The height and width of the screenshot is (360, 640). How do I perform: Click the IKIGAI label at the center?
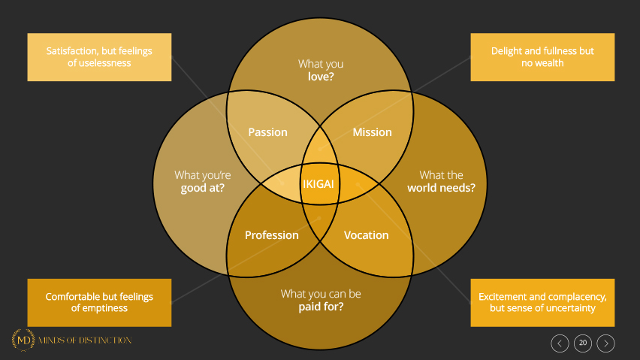pyautogui.click(x=320, y=183)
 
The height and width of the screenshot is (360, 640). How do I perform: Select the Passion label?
pyautogui.click(x=268, y=132)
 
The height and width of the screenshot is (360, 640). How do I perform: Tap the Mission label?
pyautogui.click(x=372, y=132)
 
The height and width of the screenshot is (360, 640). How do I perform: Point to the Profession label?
pyautogui.click(x=272, y=235)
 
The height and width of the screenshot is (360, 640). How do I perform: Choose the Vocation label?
pyautogui.click(x=366, y=235)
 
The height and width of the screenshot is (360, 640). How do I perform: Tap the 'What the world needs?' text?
pyautogui.click(x=442, y=181)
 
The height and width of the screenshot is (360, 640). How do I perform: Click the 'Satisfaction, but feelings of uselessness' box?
pyautogui.click(x=99, y=57)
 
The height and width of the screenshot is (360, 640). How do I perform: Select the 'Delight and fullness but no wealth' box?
pyautogui.click(x=542, y=57)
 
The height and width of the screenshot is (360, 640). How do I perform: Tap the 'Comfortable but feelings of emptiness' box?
pyautogui.click(x=99, y=302)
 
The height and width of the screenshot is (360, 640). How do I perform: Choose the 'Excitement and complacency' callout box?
pyautogui.click(x=542, y=302)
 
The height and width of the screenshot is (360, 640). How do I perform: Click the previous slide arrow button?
pyautogui.click(x=560, y=343)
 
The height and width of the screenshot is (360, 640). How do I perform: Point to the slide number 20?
pyautogui.click(x=583, y=343)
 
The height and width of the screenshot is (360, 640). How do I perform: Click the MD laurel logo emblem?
pyautogui.click(x=23, y=340)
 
